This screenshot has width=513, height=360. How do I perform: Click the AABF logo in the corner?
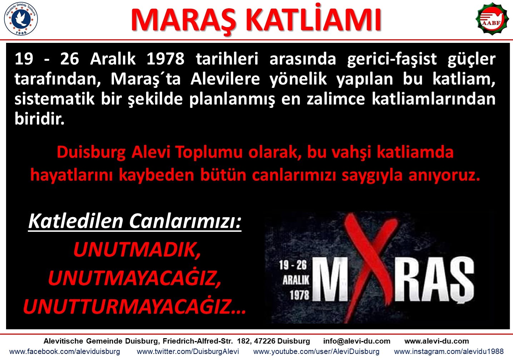tap(492, 19)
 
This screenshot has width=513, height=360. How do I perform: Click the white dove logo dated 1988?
tap(21, 19)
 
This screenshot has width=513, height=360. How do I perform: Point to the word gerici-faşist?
tap(392, 59)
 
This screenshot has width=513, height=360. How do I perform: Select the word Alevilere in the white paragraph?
tap(225, 79)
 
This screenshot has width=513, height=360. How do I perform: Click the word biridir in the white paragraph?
tap(39, 119)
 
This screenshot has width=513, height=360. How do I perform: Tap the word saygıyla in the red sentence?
tap(372, 176)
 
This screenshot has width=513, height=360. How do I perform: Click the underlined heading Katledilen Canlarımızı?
tap(135, 221)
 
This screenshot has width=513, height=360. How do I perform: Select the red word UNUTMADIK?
tap(137, 250)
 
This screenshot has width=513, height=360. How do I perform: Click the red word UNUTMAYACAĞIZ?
tap(135, 278)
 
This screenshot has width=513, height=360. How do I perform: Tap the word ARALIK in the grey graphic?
tap(296, 280)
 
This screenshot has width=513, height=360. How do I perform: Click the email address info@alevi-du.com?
tap(357, 341)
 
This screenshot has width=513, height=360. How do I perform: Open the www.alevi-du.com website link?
tap(437, 341)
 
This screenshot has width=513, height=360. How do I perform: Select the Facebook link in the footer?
tap(65, 351)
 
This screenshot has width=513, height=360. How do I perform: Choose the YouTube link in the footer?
tap(316, 351)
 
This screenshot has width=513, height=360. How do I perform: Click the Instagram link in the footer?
tap(449, 351)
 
